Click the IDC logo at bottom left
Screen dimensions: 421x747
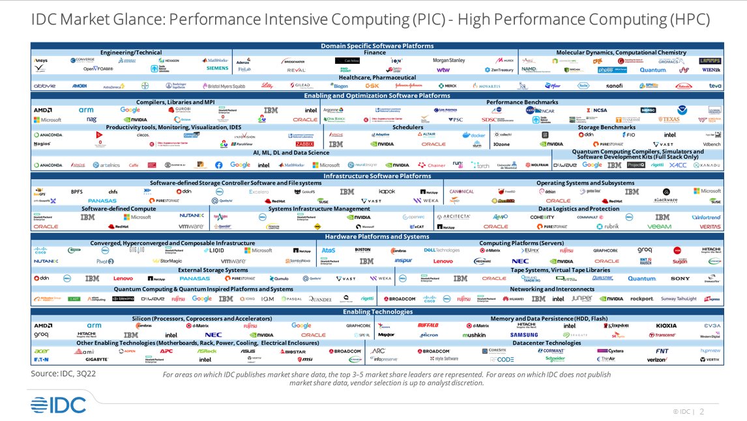pos(57,404)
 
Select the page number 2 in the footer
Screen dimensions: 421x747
pos(702,411)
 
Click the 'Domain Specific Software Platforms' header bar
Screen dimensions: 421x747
pos(377,46)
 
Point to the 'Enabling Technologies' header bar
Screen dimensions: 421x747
pos(377,312)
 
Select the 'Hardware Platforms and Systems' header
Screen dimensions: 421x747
pos(377,237)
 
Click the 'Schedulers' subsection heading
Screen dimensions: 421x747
pos(407,127)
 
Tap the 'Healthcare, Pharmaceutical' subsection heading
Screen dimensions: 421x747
pos(377,78)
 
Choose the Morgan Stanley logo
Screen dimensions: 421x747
pos(449,61)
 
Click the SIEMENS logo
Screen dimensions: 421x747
pos(217,68)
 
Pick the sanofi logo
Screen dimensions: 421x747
pos(614,85)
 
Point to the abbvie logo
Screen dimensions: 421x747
pos(44,85)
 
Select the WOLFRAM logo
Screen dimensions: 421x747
pos(535,166)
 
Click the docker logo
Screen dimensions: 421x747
pos(474,135)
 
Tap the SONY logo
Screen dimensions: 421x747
pos(680,278)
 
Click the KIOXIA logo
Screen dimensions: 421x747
pos(666,325)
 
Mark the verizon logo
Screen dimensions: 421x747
pos(656,359)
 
